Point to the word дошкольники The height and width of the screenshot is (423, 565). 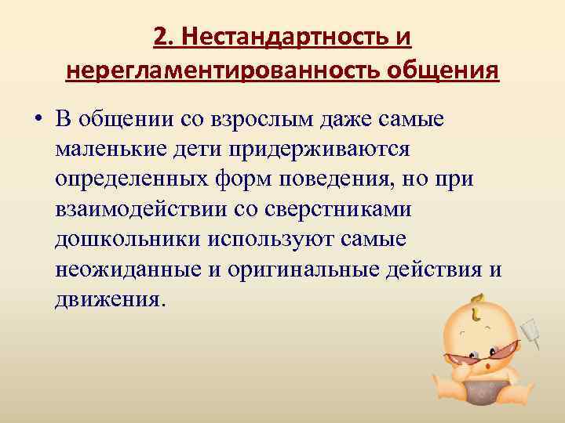pos(127,239)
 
